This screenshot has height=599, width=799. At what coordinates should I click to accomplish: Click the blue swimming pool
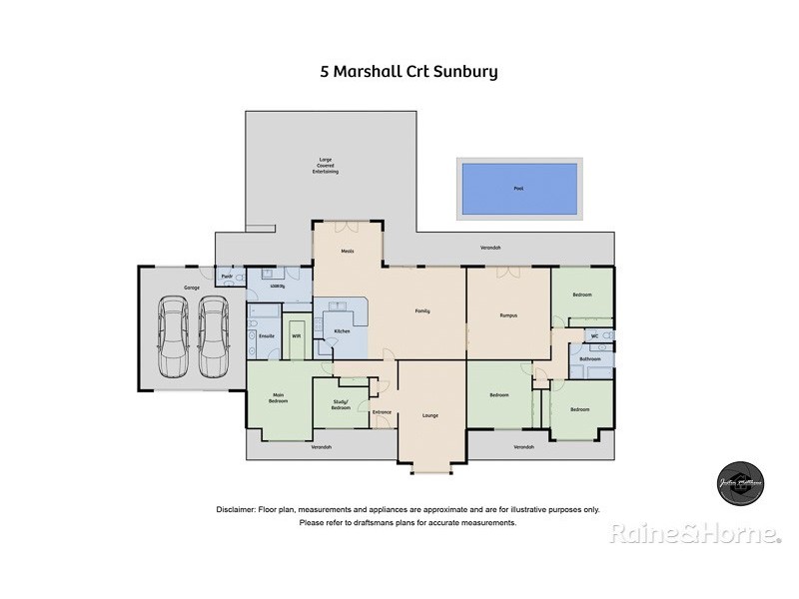pos(517,188)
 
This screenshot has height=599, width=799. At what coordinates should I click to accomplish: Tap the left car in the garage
pos(172,338)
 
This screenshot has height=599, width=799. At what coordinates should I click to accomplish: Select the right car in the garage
pos(212,338)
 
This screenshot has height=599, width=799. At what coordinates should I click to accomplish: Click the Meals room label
pos(348,251)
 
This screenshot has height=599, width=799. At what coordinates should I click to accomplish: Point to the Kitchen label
pos(341,329)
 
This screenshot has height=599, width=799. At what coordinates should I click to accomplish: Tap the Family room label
pos(422,311)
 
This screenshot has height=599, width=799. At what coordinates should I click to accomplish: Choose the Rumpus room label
pos(507,315)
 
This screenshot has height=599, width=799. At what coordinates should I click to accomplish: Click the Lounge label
pos(429,415)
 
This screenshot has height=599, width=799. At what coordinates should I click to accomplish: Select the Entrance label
pos(382,411)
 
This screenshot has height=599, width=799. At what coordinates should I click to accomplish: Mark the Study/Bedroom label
pos(341,405)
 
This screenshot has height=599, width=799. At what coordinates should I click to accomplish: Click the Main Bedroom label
pos(279,398)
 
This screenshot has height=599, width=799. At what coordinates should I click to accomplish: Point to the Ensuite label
pos(267,335)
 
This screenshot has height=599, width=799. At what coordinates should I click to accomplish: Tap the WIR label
pos(297,335)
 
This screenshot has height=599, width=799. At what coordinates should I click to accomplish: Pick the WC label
pos(593,335)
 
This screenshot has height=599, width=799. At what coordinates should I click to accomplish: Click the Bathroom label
pos(588,358)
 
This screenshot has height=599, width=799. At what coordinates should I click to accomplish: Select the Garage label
pos(191,288)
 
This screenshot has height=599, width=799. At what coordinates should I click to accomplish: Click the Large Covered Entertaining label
pos(325,165)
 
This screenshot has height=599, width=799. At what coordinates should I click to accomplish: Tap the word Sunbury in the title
pos(469,72)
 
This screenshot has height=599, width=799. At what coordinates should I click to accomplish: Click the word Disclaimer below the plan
pos(237,509)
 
